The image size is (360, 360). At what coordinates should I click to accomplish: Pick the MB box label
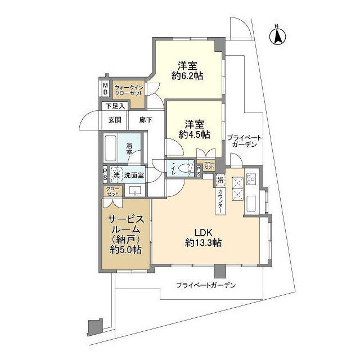click(105, 88)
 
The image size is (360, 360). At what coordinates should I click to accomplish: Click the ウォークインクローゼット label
click(130, 91)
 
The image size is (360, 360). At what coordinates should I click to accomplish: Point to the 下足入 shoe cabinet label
click(115, 106)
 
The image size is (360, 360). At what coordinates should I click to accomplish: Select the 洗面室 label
click(134, 175)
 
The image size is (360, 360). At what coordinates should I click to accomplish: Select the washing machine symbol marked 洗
click(116, 174)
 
